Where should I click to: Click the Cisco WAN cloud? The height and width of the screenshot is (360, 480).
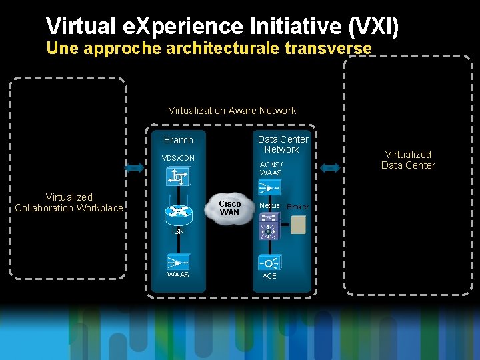click(x=230, y=208)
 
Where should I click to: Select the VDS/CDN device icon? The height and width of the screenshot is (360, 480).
click(x=178, y=177)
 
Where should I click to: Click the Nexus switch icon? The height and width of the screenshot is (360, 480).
click(x=269, y=230)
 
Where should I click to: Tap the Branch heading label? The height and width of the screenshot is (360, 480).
click(x=178, y=140)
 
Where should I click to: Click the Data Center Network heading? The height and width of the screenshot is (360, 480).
click(x=283, y=144)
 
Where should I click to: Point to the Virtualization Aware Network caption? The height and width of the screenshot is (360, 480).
click(x=232, y=111)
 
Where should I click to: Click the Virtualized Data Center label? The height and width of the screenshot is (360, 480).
click(x=408, y=160)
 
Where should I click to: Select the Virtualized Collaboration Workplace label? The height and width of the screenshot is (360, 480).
click(x=69, y=203)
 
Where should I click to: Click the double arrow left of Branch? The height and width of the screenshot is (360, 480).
click(x=134, y=169)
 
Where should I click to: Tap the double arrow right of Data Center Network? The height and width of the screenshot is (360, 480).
click(x=330, y=169)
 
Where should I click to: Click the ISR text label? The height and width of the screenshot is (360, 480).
click(x=177, y=232)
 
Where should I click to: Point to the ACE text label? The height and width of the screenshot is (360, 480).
click(x=269, y=276)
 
